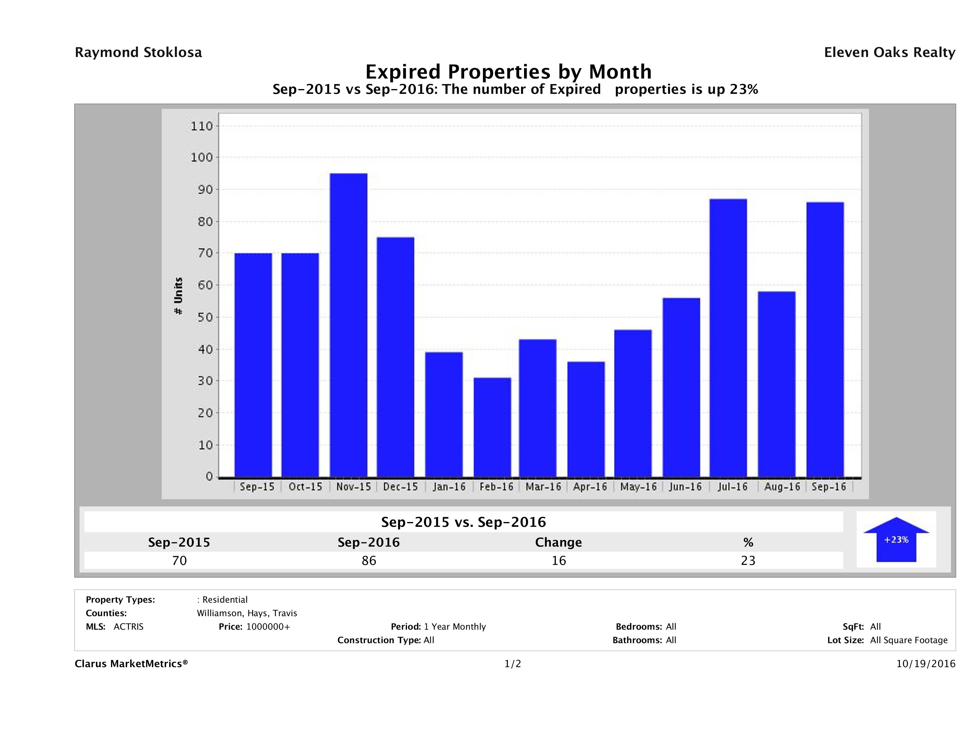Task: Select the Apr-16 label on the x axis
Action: point(590,487)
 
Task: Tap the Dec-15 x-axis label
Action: point(400,487)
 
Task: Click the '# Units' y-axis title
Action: point(178,296)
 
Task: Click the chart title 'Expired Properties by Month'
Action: point(508,71)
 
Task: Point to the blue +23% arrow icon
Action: point(896,539)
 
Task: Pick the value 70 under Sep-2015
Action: point(179,560)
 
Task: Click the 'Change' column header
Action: point(559,542)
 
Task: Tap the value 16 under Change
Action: point(559,560)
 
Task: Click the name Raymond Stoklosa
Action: point(138,52)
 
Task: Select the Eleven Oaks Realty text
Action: point(889,52)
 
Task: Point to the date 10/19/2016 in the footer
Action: point(925,664)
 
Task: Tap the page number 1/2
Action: point(512,664)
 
